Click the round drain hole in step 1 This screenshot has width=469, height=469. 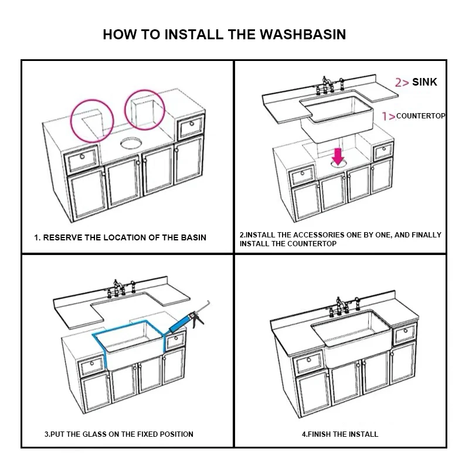pyautogui.click(x=130, y=142)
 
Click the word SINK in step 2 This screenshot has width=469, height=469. pyautogui.click(x=424, y=82)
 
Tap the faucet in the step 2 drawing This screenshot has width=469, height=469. pyautogui.click(x=325, y=85)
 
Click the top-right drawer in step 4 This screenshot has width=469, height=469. pyautogui.click(x=405, y=335)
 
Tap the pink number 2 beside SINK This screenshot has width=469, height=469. pyautogui.click(x=399, y=83)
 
